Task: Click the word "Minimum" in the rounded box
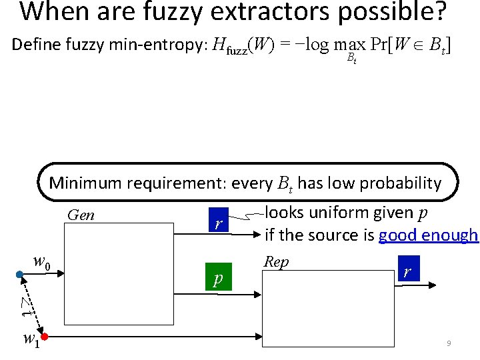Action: [85, 183]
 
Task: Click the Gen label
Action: [81, 215]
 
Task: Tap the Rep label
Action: [276, 262]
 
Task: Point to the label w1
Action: [31, 339]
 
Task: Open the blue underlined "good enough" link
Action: [428, 235]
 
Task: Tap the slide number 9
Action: [449, 343]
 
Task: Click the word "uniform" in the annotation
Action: [342, 213]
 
